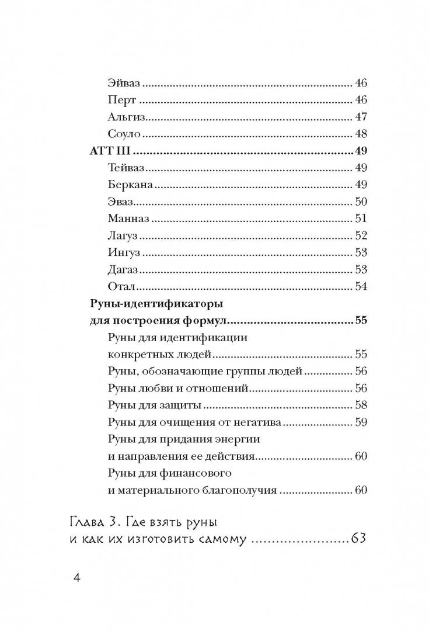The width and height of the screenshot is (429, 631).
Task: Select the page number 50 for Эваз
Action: click(360, 202)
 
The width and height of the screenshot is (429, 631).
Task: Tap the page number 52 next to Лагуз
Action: click(360, 235)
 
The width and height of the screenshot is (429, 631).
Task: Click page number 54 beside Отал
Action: click(360, 286)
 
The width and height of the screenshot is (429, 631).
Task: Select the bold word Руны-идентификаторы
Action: click(150, 304)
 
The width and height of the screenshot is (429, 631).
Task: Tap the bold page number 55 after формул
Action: click(360, 321)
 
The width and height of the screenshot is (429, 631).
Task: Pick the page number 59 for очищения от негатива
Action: click(360, 422)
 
